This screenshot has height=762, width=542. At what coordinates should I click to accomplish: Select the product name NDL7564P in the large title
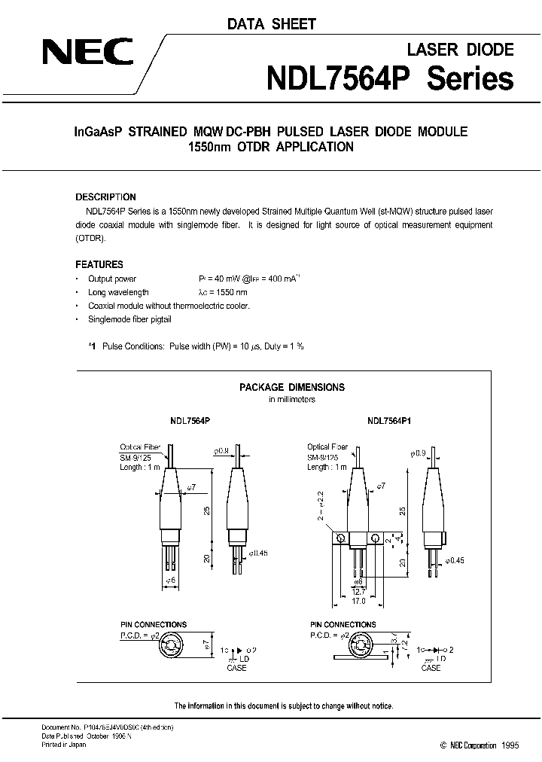coord(343,78)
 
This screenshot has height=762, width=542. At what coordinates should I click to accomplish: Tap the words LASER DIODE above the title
coord(461,50)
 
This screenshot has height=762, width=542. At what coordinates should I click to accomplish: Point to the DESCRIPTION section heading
coord(105,197)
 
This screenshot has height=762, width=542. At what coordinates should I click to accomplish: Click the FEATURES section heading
coord(99,265)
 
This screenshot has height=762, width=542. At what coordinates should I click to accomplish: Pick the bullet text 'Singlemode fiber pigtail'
coord(129,320)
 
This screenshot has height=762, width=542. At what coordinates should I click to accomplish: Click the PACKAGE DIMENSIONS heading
coord(292,387)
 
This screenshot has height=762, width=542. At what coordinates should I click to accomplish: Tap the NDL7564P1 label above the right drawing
coord(389,423)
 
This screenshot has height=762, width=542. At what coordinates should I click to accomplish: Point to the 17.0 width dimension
coord(359,602)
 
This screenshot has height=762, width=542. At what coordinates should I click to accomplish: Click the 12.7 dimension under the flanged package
coord(359,592)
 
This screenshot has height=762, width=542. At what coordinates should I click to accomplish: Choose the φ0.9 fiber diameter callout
coord(419,453)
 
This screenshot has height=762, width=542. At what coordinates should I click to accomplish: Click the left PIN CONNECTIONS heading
coord(154,624)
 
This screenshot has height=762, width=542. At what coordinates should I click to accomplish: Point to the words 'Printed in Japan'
coord(64,744)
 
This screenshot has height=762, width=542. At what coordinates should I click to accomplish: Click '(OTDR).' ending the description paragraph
coord(92,238)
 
